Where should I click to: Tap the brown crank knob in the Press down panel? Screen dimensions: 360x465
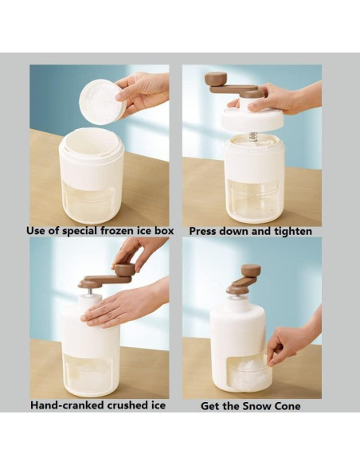pos(216,79)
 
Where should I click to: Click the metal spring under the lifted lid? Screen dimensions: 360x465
pos(252,137)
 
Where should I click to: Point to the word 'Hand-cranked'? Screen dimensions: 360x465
pos(68,405)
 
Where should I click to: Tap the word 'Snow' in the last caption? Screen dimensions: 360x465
pos(255,406)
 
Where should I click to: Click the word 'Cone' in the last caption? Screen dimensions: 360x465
pos(286,406)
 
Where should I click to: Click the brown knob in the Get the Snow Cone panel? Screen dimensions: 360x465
pos(251,271)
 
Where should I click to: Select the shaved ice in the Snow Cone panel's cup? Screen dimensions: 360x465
pos(248,371)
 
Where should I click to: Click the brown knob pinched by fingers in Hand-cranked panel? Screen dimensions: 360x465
pos(124,270)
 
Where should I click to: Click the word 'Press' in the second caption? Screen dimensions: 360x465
pos(203,232)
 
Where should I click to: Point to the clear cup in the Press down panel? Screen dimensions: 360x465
pos(253,200)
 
